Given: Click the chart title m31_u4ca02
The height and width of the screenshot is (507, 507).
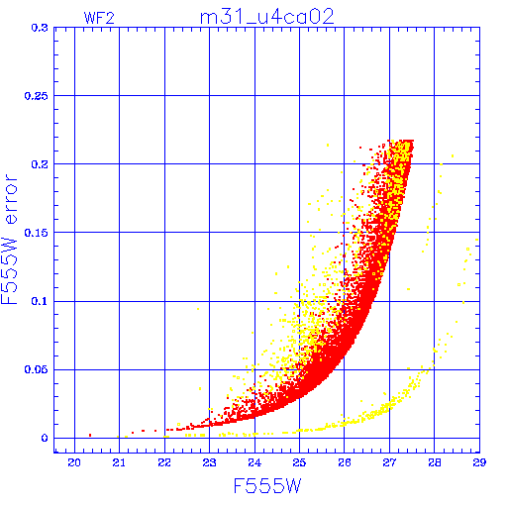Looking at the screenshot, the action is (x=267, y=17).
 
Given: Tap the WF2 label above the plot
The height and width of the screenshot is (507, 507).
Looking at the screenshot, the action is (x=99, y=18).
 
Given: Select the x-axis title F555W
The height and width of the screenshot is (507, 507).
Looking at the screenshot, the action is (x=267, y=486).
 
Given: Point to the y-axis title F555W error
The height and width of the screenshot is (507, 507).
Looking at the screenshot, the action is (x=9, y=240).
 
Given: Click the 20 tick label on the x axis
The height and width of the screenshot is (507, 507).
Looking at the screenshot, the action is (x=74, y=462).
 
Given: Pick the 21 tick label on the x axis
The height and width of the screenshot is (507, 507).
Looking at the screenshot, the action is (x=119, y=462).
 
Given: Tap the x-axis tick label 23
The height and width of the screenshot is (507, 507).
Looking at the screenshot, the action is (x=209, y=462).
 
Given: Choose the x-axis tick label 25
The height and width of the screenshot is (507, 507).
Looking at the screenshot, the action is (x=299, y=462).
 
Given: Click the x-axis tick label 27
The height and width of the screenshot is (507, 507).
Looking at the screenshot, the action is (x=389, y=462).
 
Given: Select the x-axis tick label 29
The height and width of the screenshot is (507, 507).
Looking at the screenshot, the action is (x=479, y=462).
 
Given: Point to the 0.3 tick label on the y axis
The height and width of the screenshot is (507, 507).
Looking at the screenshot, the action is (x=40, y=28).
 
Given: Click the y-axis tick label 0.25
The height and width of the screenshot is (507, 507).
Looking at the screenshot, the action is (x=37, y=96).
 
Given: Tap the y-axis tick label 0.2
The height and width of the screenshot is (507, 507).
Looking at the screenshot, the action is (x=40, y=164).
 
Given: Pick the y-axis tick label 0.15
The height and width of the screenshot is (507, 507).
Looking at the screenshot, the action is (x=37, y=233).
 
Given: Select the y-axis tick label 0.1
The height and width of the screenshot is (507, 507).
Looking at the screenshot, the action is (x=40, y=301).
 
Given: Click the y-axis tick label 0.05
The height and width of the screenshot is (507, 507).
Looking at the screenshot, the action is (x=37, y=369).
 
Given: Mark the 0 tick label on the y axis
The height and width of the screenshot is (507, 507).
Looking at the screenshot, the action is (x=45, y=439).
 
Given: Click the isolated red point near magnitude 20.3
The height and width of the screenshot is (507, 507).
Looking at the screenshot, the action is (x=90, y=436).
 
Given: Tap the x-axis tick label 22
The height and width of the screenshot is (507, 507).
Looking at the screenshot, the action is (x=164, y=462).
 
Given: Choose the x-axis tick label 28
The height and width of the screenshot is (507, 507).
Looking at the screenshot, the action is (x=435, y=462).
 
